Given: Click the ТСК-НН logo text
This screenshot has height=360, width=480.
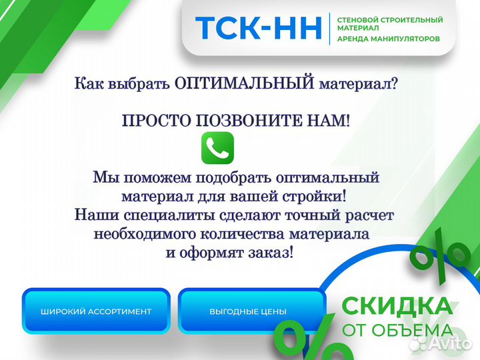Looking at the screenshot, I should click(x=258, y=28).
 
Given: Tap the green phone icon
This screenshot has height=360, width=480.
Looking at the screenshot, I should click(x=217, y=147).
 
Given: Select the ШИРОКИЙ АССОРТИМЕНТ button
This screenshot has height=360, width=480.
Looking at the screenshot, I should click(x=96, y=311).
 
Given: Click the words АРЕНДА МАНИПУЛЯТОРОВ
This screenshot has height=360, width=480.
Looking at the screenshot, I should click(x=389, y=39).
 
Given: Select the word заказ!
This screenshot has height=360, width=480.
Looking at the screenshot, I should click(x=270, y=253).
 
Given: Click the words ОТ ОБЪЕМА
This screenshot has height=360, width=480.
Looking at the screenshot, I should click(x=397, y=331).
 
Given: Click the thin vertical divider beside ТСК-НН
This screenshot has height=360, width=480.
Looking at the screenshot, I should click(x=330, y=28).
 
